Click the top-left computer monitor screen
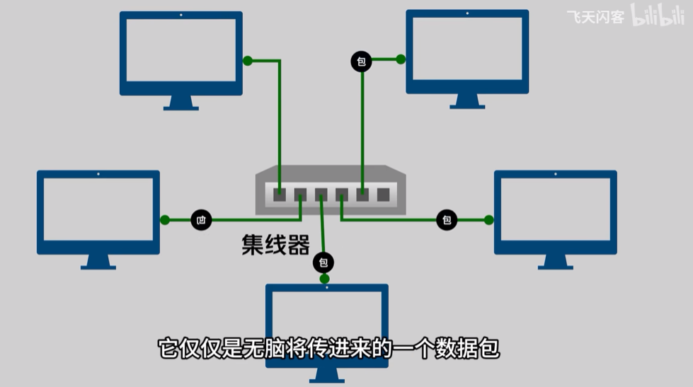[181, 50]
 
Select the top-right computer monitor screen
[467, 49]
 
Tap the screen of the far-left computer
[98, 209]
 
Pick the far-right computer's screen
[555, 209]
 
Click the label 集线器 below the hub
[275, 246]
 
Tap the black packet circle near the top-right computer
[361, 62]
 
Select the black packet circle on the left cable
[201, 220]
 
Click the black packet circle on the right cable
[447, 220]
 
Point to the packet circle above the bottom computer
[323, 263]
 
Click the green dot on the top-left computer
[247, 61]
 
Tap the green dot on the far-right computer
[488, 220]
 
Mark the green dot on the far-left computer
[165, 220]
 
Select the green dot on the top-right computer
[401, 59]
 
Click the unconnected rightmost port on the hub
[383, 194]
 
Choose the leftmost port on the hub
[280, 194]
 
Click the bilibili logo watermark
[658, 16]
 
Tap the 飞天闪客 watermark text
[595, 17]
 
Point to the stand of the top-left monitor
[181, 103]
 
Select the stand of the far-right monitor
[555, 262]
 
